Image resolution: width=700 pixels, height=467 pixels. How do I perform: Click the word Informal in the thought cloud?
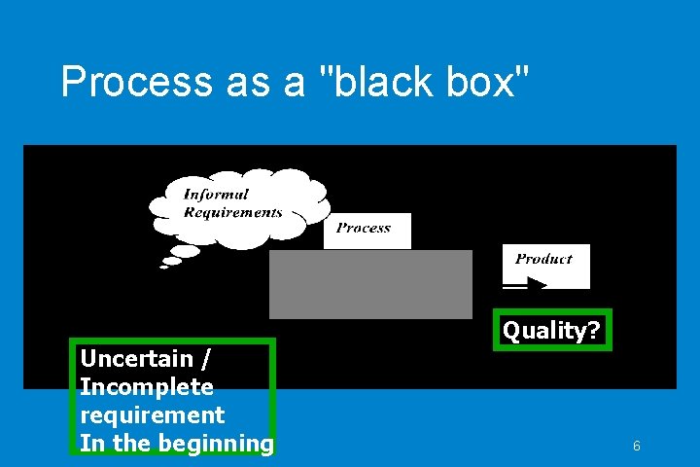tap(216, 195)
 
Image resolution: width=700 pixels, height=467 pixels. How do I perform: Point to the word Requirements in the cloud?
tap(233, 212)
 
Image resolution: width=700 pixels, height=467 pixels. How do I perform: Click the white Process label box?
tap(367, 230)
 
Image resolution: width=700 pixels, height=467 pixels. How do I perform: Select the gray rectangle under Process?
tap(370, 284)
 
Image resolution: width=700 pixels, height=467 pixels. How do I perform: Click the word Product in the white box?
tap(543, 259)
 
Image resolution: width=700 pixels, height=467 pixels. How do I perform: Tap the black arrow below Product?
tap(526, 284)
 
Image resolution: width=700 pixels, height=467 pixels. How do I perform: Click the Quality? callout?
tap(551, 331)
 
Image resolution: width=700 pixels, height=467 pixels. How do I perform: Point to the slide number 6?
tap(636, 447)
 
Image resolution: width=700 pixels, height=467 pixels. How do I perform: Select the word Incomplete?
tap(147, 387)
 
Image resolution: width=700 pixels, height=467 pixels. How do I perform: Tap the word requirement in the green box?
tap(152, 415)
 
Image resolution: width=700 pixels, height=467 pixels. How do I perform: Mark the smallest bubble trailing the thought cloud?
tap(163, 267)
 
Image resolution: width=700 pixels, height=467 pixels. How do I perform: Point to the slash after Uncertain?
tap(205, 359)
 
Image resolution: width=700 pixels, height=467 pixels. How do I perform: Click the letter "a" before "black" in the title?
tap(294, 83)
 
